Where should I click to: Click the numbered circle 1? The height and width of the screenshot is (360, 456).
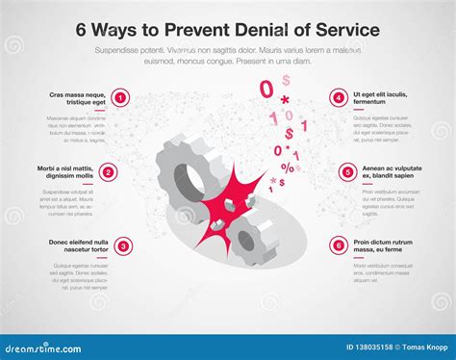click(x=120, y=97)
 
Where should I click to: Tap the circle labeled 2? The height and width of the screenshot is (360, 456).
click(x=109, y=172)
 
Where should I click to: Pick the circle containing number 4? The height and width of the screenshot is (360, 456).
click(x=338, y=97)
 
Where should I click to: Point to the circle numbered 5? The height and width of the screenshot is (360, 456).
click(x=348, y=172)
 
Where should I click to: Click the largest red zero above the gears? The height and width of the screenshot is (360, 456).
click(x=266, y=89)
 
